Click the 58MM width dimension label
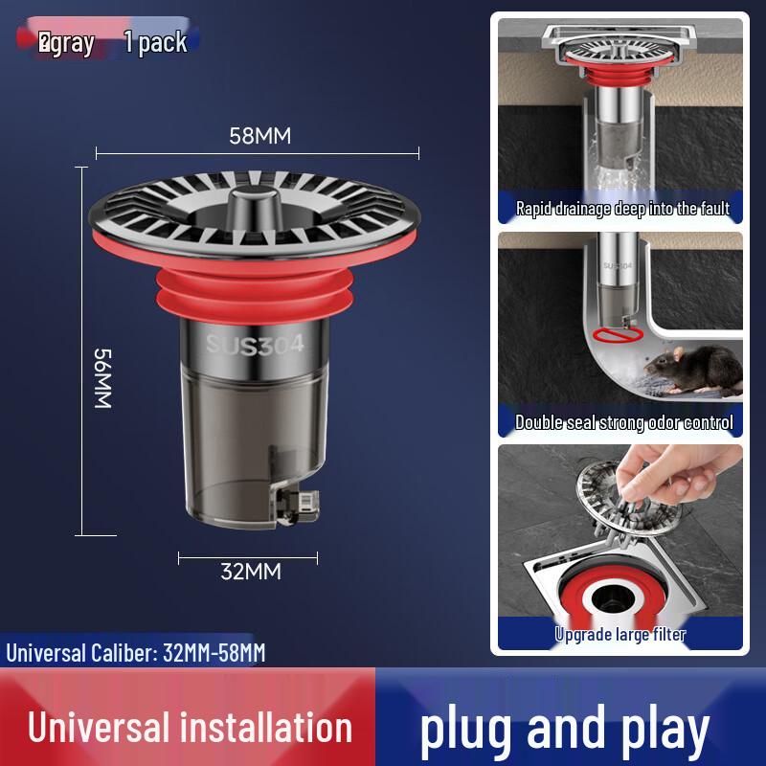(259, 136)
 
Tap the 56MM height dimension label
(103, 377)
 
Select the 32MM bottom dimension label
(251, 572)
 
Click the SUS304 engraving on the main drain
(255, 344)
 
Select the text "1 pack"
(155, 42)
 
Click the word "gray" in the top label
(72, 43)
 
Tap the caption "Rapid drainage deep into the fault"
(622, 208)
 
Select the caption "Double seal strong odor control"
(623, 421)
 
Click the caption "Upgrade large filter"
(620, 633)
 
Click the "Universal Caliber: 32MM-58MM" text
(136, 654)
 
